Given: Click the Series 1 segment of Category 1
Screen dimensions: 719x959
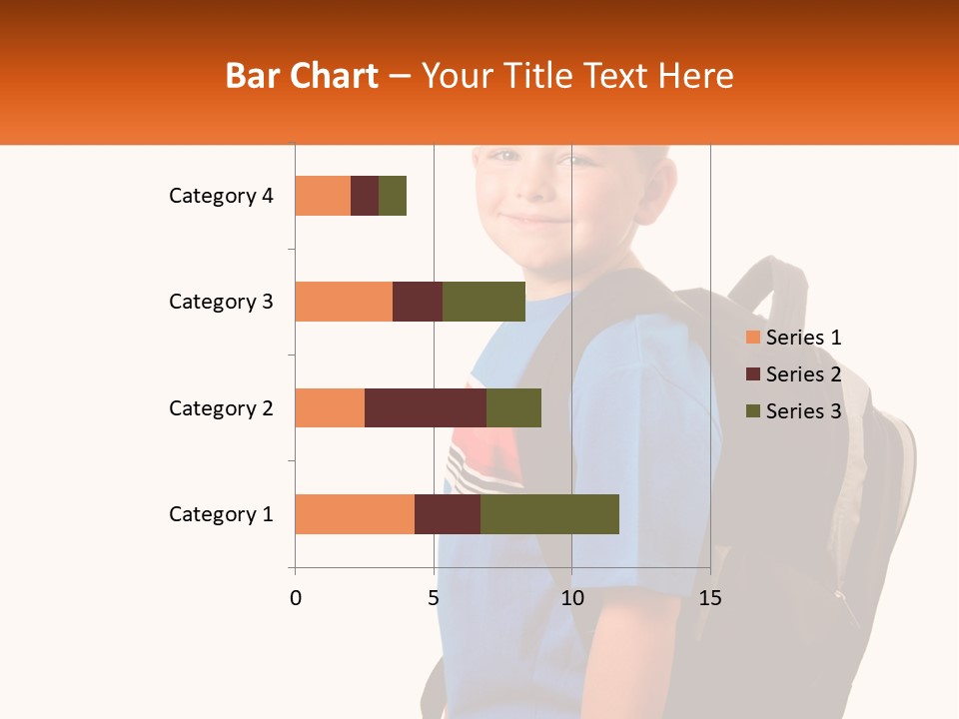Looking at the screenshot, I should click(x=355, y=514).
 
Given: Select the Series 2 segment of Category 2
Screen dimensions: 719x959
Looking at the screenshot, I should click(x=426, y=407).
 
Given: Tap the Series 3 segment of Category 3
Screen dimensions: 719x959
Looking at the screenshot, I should click(x=483, y=302).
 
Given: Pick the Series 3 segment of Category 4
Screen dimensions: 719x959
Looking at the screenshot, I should click(x=393, y=196).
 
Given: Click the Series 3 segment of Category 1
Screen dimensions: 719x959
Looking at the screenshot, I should click(x=549, y=514).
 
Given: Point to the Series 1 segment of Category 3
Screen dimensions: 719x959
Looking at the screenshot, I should click(x=344, y=302).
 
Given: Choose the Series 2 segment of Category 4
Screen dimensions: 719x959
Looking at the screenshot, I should click(x=365, y=196).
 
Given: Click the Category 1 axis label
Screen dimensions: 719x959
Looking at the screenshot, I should click(x=221, y=514).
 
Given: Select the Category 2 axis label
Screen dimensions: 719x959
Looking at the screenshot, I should click(x=221, y=407).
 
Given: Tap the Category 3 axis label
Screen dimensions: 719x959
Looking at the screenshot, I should click(x=221, y=302).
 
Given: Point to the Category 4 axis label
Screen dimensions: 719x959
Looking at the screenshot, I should click(x=221, y=196).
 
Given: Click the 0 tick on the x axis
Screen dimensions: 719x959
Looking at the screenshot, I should click(x=296, y=598).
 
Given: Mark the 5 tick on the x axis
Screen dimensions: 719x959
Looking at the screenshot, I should click(x=434, y=598).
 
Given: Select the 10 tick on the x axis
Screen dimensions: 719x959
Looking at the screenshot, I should click(x=571, y=598).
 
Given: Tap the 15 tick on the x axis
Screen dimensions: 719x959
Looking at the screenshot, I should click(x=709, y=598).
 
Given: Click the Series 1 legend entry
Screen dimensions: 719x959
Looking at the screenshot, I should click(x=793, y=338).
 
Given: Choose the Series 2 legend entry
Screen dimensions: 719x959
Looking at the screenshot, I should click(x=793, y=374).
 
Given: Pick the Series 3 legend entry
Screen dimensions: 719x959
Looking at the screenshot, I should click(x=793, y=411).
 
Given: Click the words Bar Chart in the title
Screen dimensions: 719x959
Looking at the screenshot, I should click(x=302, y=76).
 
